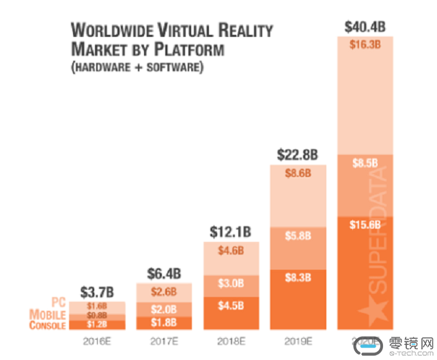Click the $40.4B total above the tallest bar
tap(365, 27)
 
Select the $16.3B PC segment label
tap(365, 45)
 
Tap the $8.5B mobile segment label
tap(365, 164)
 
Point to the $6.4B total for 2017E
tap(164, 273)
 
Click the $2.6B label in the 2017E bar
tap(164, 292)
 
